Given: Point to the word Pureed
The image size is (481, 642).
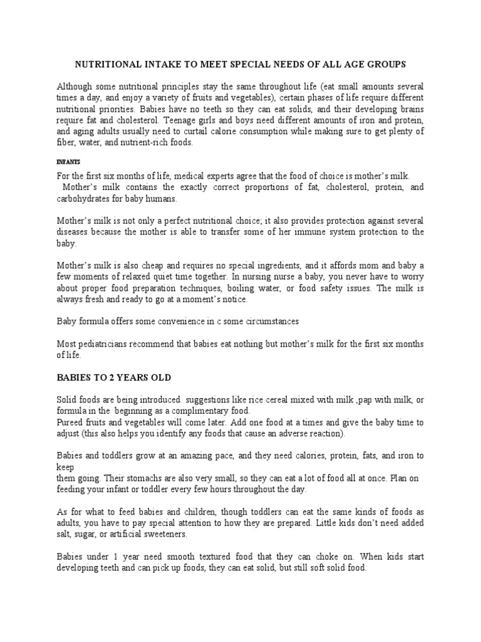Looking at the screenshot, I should point(71,422).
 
